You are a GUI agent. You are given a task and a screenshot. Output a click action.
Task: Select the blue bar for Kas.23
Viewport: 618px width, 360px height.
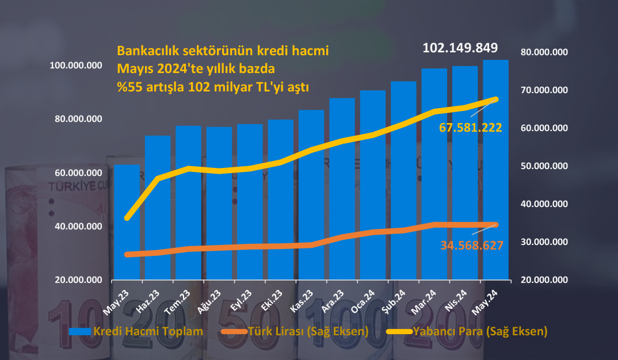(x=311, y=196)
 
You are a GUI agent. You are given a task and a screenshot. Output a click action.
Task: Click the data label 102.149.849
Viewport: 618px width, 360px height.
(x=460, y=48)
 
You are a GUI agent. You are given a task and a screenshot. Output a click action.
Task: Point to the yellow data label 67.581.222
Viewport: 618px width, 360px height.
(x=471, y=128)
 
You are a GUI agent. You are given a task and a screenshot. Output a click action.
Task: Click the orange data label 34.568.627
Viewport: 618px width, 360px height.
(x=472, y=246)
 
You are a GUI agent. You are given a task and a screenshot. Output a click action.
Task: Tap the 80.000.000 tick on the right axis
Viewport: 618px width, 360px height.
(x=544, y=52)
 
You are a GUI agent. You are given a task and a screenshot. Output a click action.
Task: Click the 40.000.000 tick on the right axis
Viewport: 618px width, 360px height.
(x=544, y=204)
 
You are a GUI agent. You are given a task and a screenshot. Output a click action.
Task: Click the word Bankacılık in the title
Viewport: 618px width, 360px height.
(x=147, y=50)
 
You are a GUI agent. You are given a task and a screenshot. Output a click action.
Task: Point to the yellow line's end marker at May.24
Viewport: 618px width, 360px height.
(x=496, y=99)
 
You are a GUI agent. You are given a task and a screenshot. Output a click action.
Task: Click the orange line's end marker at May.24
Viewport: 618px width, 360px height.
(x=496, y=225)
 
